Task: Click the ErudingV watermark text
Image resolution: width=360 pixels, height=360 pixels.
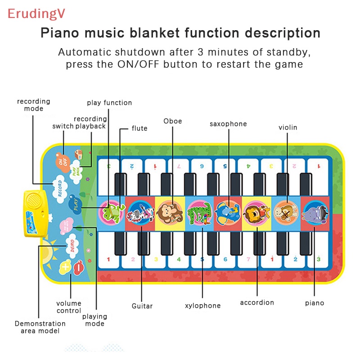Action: [x=36, y=13]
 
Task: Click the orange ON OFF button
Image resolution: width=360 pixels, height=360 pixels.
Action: [x=63, y=160]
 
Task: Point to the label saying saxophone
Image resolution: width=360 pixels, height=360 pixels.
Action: [x=228, y=124]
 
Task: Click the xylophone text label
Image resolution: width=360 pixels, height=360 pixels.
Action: [x=202, y=306]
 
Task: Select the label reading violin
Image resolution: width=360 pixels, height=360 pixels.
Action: [x=288, y=127]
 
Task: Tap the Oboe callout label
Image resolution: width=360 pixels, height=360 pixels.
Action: [x=173, y=121]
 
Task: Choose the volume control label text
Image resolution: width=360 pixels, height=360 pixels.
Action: [x=69, y=307]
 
